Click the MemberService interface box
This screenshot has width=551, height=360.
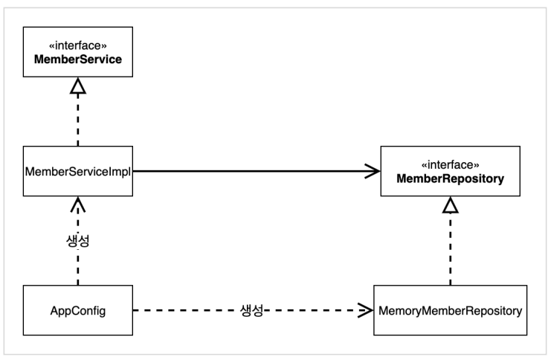(78, 51)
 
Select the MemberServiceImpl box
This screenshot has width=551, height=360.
(78, 171)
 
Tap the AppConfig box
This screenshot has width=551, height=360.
(78, 310)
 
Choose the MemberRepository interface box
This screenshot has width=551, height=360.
(450, 171)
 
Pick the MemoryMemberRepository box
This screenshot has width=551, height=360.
(450, 310)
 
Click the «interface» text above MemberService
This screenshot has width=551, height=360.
(78, 45)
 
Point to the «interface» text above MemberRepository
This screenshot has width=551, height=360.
(450, 165)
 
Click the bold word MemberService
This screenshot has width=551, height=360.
(78, 59)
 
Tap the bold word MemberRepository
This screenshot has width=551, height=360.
(450, 179)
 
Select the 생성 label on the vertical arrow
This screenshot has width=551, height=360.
(78, 241)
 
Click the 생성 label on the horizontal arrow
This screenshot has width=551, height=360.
(251, 310)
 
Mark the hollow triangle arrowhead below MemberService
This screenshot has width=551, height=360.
(78, 86)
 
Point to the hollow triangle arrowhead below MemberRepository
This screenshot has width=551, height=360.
(450, 205)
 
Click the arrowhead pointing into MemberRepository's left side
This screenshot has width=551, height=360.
(373, 171)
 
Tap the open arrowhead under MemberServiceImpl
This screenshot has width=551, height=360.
(78, 205)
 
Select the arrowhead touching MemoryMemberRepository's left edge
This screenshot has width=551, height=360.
(365, 310)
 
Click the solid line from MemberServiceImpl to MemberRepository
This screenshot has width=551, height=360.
(257, 171)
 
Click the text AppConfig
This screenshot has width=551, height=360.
(78, 311)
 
